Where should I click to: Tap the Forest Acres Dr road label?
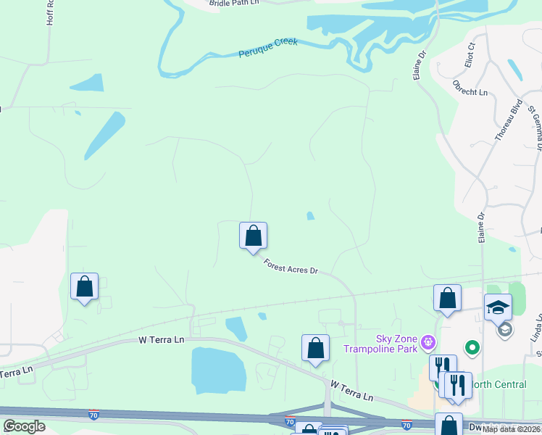(291, 267)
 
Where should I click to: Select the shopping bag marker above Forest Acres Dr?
(253, 236)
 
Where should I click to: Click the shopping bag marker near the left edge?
(84, 286)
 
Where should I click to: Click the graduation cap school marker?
(498, 307)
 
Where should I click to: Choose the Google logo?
(24, 426)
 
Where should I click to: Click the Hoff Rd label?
(50, 13)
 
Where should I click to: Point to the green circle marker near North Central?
(472, 349)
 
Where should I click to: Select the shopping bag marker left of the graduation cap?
(447, 299)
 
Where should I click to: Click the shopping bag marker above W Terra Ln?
(315, 348)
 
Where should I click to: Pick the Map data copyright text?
(511, 429)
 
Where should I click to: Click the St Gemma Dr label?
(535, 128)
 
